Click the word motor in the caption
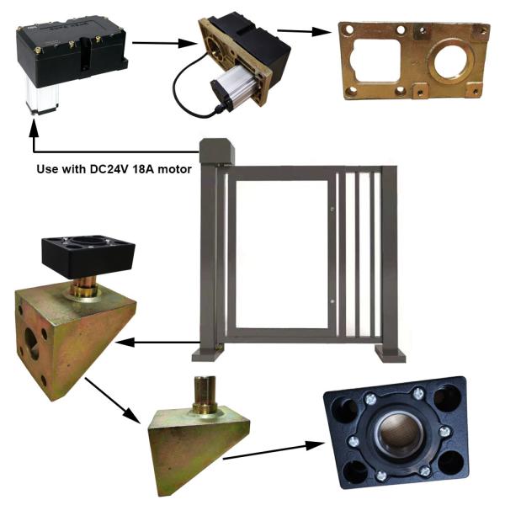(171, 169)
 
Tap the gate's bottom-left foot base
(208, 351)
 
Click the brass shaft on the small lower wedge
(204, 393)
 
